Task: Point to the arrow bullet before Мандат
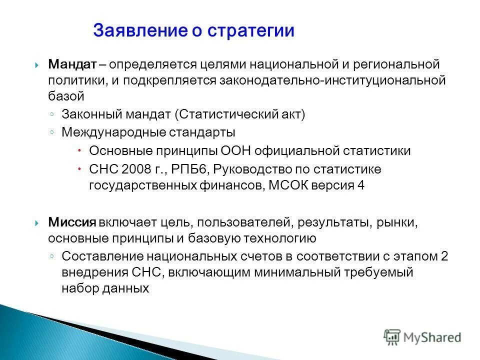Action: click(37, 65)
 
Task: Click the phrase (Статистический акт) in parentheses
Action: click(239, 114)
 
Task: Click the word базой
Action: click(62, 96)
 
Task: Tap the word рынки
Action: click(402, 222)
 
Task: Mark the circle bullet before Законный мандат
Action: click(52, 114)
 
